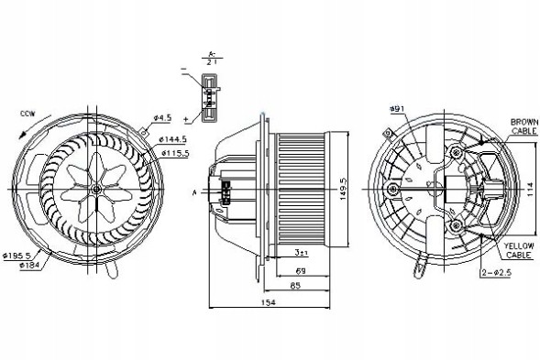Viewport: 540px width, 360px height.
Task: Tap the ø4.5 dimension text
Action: (x=163, y=118)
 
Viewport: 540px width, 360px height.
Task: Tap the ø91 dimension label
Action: (x=397, y=110)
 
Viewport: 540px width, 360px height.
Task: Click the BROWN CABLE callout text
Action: (x=524, y=126)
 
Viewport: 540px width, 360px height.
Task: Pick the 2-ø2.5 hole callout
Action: (x=497, y=272)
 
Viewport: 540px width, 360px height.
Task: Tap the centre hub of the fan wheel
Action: (x=96, y=188)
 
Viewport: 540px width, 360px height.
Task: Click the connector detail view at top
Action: (x=211, y=95)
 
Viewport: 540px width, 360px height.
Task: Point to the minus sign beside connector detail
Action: (x=185, y=70)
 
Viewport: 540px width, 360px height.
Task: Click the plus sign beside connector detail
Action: (x=187, y=119)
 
